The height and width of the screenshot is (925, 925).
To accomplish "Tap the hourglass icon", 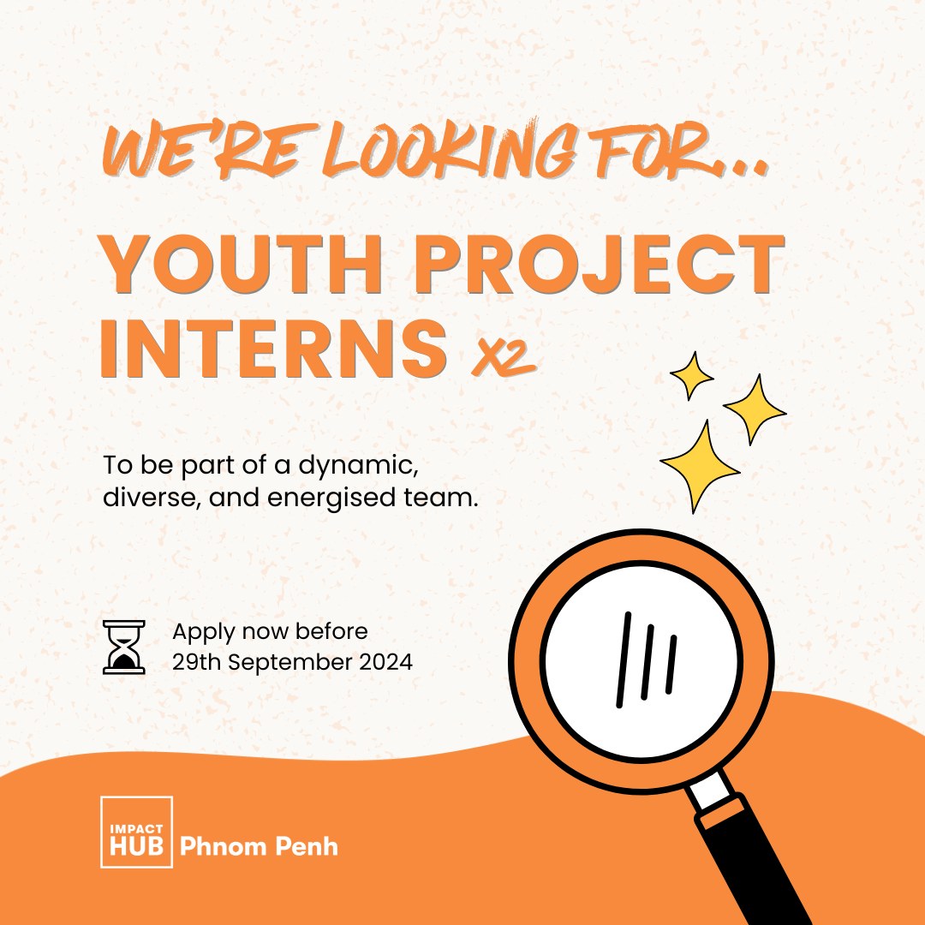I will coord(123,647).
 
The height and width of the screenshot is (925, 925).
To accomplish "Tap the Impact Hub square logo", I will coord(136,832).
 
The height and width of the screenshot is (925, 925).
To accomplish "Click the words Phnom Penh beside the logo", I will coord(259,847).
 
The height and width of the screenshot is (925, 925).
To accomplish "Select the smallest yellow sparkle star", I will coord(691,374).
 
